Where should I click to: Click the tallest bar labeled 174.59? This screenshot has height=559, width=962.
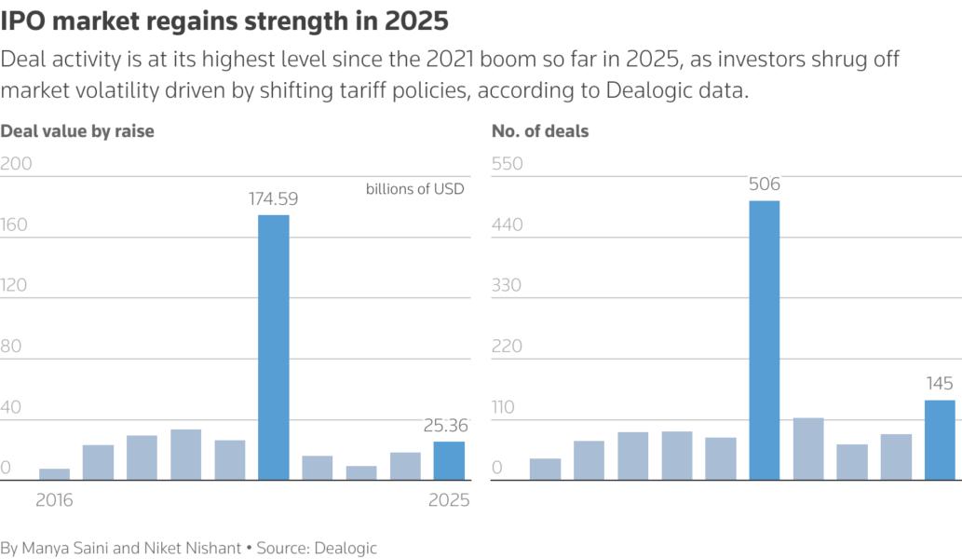point(273,347)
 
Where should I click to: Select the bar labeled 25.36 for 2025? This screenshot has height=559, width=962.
point(449,460)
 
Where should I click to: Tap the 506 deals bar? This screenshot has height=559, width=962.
point(764,340)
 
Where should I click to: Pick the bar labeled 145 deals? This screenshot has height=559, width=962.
point(940,440)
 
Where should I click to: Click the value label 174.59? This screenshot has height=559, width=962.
point(273,198)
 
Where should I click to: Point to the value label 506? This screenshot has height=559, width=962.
point(764,184)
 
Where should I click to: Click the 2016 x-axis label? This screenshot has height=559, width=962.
point(54,500)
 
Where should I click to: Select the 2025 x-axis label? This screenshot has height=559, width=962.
point(448,500)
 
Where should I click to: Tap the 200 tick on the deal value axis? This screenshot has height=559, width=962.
point(17,164)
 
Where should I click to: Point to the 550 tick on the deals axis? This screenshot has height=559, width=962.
point(508,164)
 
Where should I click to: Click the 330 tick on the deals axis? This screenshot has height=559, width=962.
point(508,285)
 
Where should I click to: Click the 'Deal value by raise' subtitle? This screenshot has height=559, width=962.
point(77,131)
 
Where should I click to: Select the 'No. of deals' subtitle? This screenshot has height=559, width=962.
point(540,131)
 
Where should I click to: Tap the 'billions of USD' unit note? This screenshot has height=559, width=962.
point(414,188)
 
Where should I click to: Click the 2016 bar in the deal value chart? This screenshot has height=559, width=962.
point(54,474)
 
